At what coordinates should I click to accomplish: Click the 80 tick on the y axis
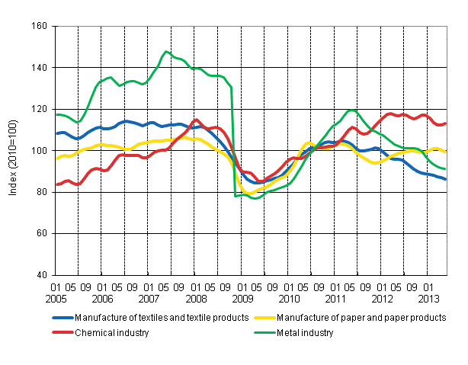coord(40,192)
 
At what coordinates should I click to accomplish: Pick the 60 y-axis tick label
coord(40,234)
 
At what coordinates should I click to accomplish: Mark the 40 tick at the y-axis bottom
coord(40,275)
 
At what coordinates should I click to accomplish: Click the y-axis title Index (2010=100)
coord(13,151)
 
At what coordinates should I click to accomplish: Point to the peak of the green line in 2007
coord(165,52)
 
